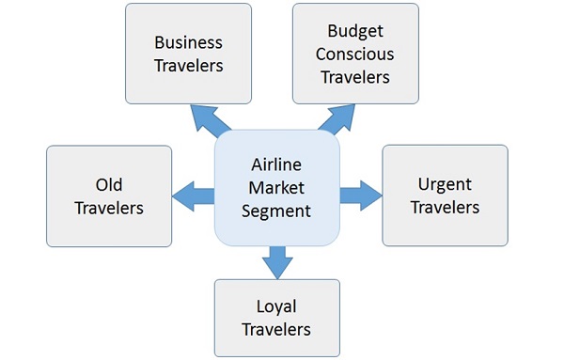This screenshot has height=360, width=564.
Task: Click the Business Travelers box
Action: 189,54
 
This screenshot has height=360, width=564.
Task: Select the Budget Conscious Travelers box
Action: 354,54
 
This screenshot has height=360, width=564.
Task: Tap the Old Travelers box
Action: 109,196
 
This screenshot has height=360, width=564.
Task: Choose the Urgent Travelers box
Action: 445,196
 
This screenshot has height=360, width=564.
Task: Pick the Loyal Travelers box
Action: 276,318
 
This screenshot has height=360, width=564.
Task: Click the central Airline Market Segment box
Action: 276,188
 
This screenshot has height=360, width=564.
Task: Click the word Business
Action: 189,42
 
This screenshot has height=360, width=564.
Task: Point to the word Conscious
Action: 354,54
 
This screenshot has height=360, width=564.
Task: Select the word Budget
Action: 354,32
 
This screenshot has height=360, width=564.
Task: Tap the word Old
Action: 109,184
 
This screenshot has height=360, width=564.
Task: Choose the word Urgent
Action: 445,184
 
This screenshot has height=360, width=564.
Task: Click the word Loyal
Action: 276,306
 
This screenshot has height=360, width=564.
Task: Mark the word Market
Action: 276,188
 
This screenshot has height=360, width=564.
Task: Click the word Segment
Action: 276,211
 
